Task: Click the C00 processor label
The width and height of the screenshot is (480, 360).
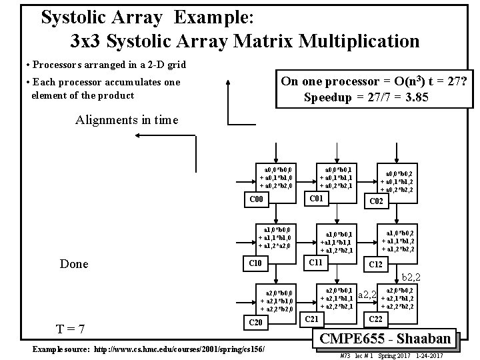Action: (x=256, y=199)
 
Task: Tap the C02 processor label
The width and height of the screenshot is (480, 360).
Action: (x=377, y=200)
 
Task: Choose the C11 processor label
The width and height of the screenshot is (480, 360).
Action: (x=313, y=263)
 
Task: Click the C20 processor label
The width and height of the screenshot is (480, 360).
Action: (x=256, y=323)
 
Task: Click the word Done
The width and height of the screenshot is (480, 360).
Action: (x=74, y=264)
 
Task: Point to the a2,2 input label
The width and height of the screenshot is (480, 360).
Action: (x=368, y=294)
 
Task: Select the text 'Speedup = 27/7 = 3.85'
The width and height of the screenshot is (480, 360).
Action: (x=366, y=97)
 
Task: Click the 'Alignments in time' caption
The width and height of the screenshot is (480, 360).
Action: (x=127, y=120)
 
